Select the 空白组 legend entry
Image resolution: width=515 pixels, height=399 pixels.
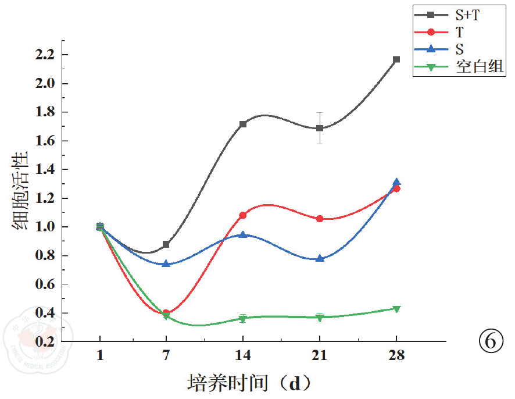click(459, 67)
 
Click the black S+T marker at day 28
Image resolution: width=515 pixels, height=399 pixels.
click(396, 59)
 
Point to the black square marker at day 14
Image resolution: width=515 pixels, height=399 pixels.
click(243, 124)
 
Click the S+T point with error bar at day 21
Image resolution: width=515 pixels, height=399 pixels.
click(320, 128)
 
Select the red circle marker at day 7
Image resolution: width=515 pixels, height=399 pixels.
click(166, 313)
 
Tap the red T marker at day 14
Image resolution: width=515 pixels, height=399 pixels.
click(243, 215)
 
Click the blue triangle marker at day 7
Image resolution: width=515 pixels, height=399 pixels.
click(166, 263)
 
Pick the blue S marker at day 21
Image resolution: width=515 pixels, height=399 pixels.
click(320, 258)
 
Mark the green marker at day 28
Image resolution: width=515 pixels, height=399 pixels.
click(396, 309)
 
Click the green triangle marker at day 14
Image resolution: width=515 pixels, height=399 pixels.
click(243, 319)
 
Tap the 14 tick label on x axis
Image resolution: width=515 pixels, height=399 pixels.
click(243, 356)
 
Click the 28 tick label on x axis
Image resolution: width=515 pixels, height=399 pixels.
click(396, 356)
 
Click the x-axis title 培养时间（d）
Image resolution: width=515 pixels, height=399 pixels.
click(249, 383)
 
